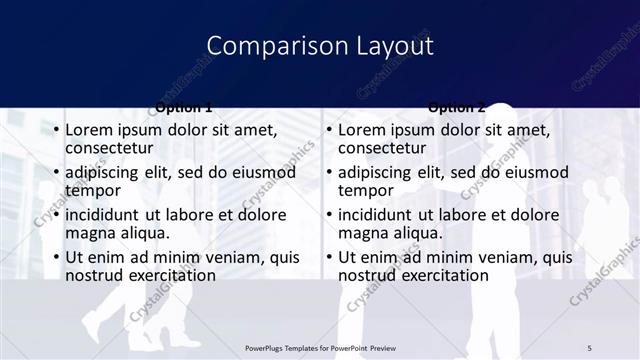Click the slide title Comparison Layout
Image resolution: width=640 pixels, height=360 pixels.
coord(320,46)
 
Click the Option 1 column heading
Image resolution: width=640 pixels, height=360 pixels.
coord(184,107)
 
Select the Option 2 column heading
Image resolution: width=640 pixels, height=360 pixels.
coord(456,107)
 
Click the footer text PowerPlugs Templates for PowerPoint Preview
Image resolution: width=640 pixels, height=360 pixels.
coord(320,347)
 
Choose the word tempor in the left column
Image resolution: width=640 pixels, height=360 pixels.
coord(92,190)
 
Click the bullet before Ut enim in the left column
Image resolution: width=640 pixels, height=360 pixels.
coord(56,257)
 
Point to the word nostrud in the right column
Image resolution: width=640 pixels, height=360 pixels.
coord(369,274)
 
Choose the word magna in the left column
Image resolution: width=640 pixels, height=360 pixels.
coord(90,232)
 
